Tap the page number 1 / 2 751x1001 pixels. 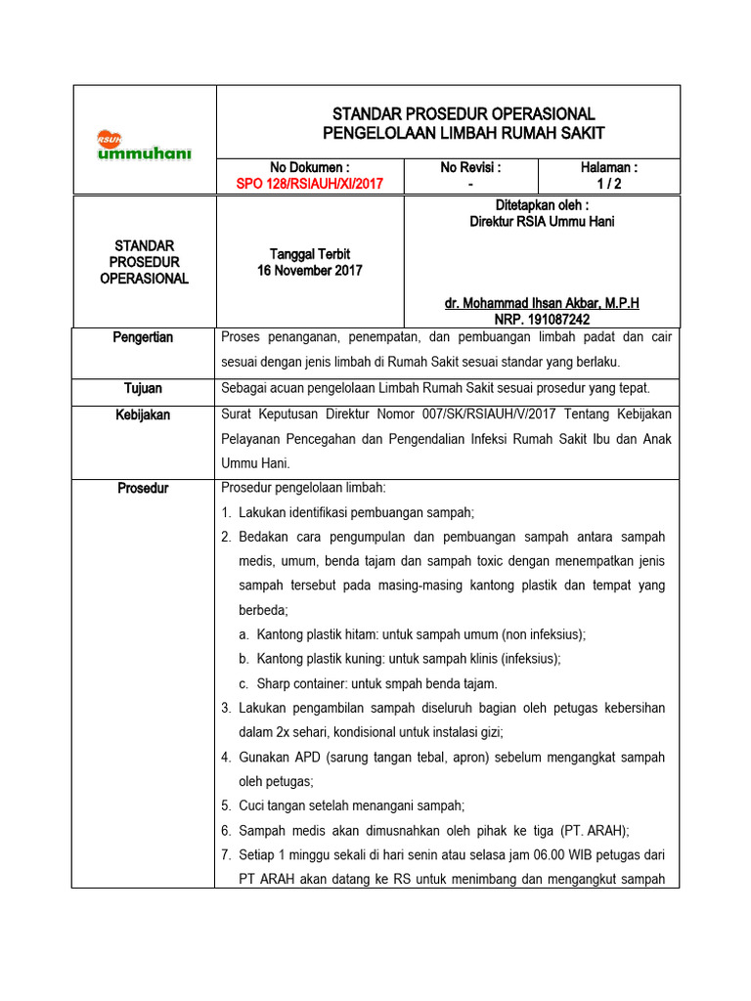pyautogui.click(x=609, y=183)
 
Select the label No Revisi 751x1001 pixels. pyautogui.click(x=470, y=167)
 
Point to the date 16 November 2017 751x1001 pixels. pyautogui.click(x=310, y=270)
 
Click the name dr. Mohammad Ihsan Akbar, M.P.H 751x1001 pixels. pyautogui.click(x=542, y=303)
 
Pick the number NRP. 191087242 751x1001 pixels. pyautogui.click(x=542, y=319)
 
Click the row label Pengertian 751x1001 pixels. pyautogui.click(x=143, y=337)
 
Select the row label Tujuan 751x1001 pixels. pyautogui.click(x=143, y=388)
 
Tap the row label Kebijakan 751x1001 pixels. pyautogui.click(x=143, y=414)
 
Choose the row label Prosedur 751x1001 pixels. pyautogui.click(x=143, y=488)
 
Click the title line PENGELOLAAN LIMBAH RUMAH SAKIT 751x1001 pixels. pyautogui.click(x=464, y=133)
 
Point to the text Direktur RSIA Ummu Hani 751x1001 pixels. pyautogui.click(x=542, y=221)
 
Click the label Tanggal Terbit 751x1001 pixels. pyautogui.click(x=310, y=254)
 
